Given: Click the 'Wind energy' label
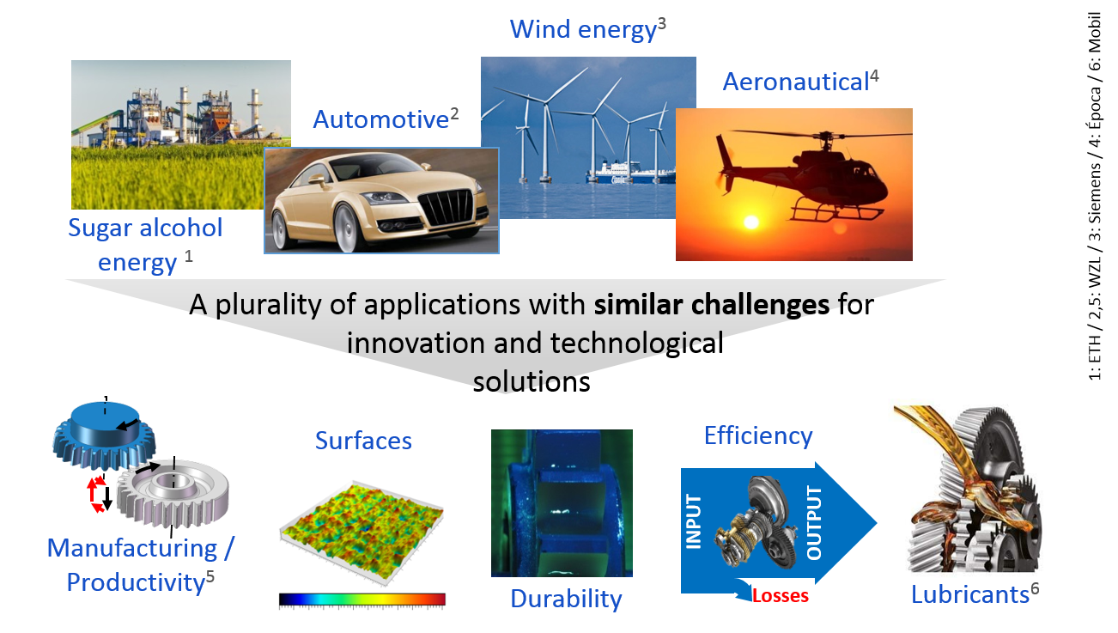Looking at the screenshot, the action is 582,29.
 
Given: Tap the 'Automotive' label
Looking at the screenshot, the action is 380,119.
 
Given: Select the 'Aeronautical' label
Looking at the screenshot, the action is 796,82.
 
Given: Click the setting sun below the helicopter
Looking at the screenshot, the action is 751,222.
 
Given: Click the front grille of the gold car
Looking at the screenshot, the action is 447,207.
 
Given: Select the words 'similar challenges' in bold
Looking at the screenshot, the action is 712,305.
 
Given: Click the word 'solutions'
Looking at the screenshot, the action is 532,382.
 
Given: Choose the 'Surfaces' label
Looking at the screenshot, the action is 363,441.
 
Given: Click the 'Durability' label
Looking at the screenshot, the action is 566,599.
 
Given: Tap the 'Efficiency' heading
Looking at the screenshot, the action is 758,435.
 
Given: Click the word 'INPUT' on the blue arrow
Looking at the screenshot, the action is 693,521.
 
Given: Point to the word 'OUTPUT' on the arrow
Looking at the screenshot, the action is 814,522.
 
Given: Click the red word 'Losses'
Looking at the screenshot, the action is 780,595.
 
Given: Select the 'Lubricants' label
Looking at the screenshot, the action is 970,594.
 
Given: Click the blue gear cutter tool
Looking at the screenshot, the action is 104,435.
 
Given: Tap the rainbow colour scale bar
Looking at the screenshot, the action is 362,600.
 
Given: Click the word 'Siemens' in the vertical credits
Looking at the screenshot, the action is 1095,193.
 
